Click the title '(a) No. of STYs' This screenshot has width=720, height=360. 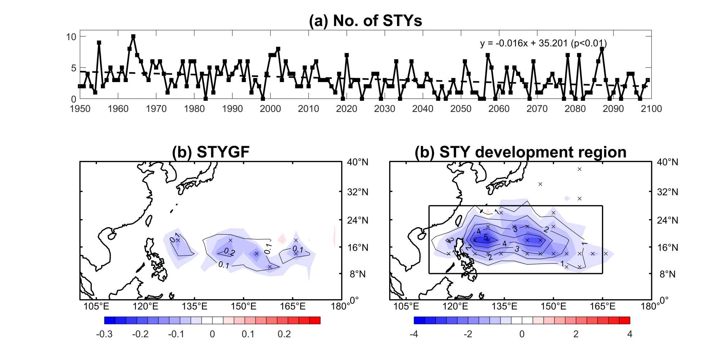pyautogui.click(x=365, y=21)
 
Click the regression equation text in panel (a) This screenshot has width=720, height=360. pyautogui.click(x=543, y=44)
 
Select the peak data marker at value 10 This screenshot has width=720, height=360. pyautogui.click(x=133, y=37)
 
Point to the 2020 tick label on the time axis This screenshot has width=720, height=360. pyautogui.click(x=346, y=109)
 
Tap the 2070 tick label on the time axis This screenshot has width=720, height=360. pyautogui.click(x=537, y=109)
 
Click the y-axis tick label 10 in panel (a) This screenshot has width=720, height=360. pyautogui.click(x=71, y=37)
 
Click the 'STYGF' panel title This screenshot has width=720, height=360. pyautogui.click(x=211, y=152)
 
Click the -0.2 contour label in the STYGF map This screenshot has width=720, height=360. pyautogui.click(x=228, y=252)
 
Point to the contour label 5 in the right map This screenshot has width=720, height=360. pyautogui.click(x=486, y=237)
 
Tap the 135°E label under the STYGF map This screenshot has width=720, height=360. pyautogui.click(x=194, y=306)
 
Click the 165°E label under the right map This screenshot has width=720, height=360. pyautogui.click(x=602, y=306)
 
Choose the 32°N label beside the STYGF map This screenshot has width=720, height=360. pyautogui.click(x=357, y=192)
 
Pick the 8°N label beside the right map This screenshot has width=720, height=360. pyautogui.click(x=667, y=274)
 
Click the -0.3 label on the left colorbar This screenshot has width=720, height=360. pyautogui.click(x=104, y=334)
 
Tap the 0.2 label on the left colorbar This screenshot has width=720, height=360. pyautogui.click(x=284, y=334)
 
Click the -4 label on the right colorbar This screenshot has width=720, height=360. pyautogui.click(x=414, y=334)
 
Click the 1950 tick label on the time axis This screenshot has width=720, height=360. pyautogui.click(x=80, y=109)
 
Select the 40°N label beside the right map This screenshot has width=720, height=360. pyautogui.click(x=667, y=162)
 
